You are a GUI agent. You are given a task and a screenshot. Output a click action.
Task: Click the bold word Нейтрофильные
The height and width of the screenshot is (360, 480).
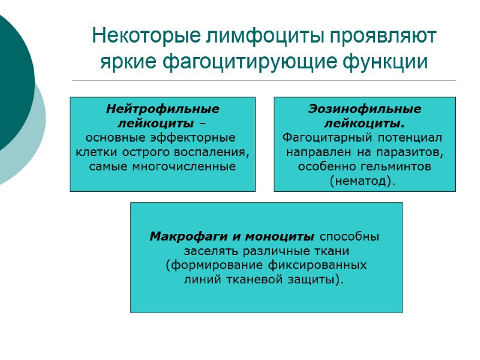163,109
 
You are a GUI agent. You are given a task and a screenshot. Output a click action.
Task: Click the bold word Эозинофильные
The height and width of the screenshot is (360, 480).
365,109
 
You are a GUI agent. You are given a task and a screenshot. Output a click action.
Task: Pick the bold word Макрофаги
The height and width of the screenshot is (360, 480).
185,236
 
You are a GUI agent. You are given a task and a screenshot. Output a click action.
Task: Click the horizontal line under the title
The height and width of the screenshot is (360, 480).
264,80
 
